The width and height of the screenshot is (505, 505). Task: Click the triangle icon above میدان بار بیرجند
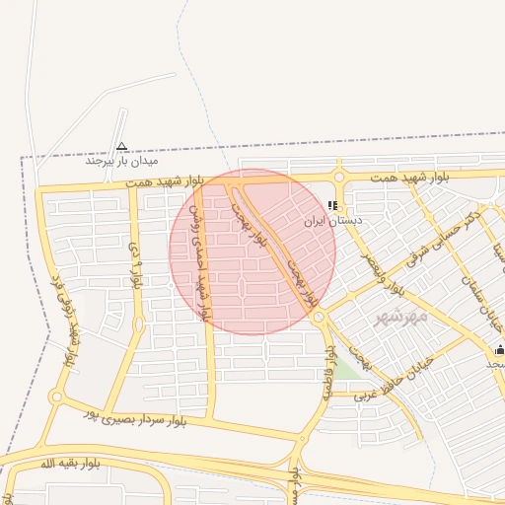tap(121, 144)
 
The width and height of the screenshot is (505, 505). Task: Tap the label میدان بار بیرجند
tap(121, 160)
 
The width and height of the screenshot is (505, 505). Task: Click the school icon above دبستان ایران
tap(332, 206)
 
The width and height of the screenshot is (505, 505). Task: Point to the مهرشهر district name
tap(401, 318)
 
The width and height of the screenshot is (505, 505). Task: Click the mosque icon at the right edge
tap(499, 349)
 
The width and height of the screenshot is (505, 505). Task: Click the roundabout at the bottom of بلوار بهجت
tap(319, 317)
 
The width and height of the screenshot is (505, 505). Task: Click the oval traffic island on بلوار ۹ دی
tap(138, 324)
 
